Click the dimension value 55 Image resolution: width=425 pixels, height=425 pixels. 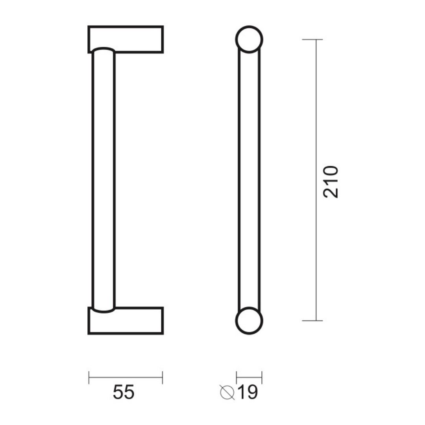pos(124,392)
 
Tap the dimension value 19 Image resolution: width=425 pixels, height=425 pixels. pos(247,392)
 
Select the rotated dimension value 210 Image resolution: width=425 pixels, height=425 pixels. pos(331,182)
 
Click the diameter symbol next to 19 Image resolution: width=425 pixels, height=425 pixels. pos(227,392)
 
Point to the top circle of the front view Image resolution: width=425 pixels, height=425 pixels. pos(249,27)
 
